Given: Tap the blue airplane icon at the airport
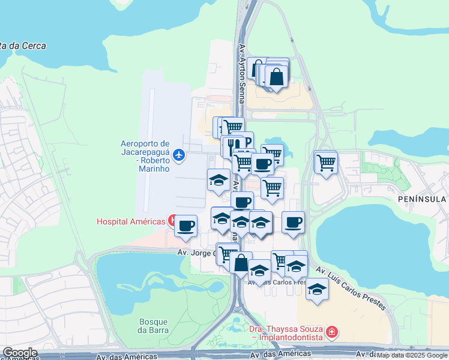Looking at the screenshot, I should tap(178, 155).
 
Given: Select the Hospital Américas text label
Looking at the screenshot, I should tap(131, 221).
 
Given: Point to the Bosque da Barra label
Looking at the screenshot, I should tap(153, 326).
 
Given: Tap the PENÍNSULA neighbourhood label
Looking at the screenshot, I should tap(421, 199).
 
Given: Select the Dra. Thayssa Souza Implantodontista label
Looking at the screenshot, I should tap(286, 334).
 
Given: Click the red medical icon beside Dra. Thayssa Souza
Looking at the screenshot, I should tap(331, 332).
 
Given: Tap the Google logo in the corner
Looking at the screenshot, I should tap(20, 353).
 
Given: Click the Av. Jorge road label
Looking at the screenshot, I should tap(196, 253).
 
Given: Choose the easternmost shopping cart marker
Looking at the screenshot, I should tap(325, 161).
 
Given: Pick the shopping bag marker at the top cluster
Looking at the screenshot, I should tap(276, 76).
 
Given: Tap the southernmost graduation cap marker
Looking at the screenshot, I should tap(317, 290).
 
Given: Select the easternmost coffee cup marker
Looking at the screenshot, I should tap(293, 222).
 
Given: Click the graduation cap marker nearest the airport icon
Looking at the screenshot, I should tap(218, 179).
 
